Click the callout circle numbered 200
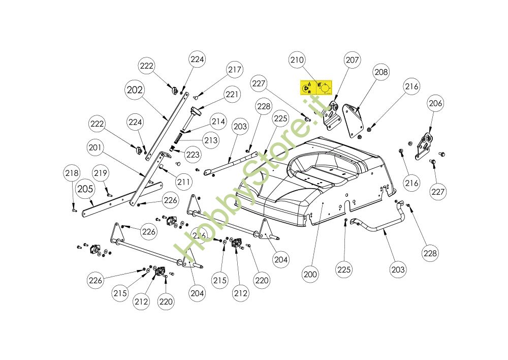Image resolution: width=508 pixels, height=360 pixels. (x=310, y=274)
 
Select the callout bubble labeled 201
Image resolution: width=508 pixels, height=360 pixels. (x=95, y=148)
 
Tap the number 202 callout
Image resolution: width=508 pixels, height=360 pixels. (x=135, y=90)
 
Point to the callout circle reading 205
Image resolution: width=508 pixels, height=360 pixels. (x=86, y=189)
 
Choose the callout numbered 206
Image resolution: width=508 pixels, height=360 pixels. (x=435, y=104)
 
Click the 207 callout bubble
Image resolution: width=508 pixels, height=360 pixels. (x=352, y=60)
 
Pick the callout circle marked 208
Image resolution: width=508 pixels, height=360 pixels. (x=381, y=73)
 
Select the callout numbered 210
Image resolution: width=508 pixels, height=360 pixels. (x=297, y=60)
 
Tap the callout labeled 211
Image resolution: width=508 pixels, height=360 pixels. (x=184, y=181)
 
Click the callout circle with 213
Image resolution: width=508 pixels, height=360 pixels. (x=211, y=140)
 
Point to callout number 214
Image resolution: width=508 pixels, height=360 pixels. (x=218, y=122)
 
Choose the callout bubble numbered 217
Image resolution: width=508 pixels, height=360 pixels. (x=235, y=70)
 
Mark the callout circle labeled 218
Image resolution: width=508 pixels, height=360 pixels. (x=72, y=173)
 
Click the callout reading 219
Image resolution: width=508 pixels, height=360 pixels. (x=101, y=173)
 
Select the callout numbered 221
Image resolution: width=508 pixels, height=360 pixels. (x=232, y=94)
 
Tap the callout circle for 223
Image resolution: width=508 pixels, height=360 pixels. (x=193, y=155)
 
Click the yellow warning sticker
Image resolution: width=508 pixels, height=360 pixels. (x=316, y=88)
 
